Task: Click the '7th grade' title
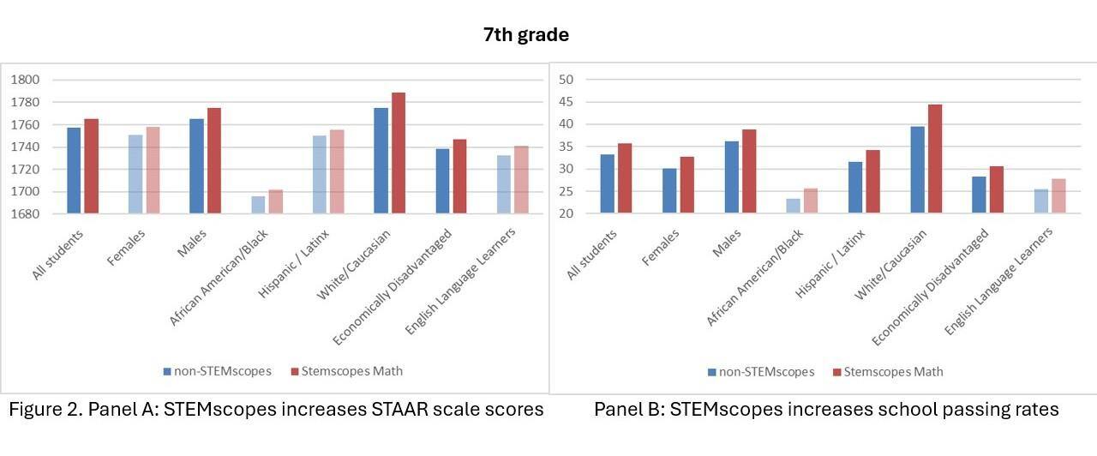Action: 525,35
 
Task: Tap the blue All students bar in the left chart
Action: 74,171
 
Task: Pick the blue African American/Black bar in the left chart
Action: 258,205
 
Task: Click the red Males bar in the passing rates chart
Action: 749,171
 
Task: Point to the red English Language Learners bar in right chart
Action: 1058,196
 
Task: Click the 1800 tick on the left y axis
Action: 25,80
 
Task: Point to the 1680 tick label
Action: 25,213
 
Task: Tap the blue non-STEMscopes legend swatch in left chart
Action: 168,371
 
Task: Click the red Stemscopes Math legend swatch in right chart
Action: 836,372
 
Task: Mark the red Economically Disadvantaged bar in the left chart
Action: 459,177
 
